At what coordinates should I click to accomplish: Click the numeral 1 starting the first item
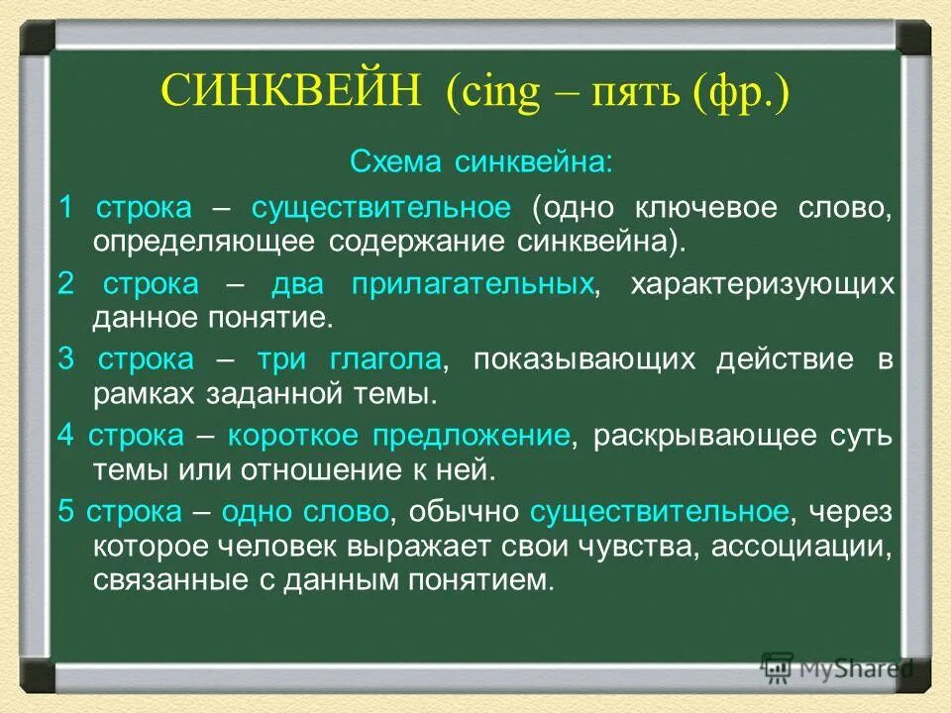[65, 208]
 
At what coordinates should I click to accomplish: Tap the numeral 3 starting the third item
[65, 359]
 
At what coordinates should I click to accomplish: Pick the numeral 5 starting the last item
[65, 512]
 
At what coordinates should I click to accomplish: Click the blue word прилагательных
[474, 284]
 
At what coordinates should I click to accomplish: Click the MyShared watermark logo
[837, 667]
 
